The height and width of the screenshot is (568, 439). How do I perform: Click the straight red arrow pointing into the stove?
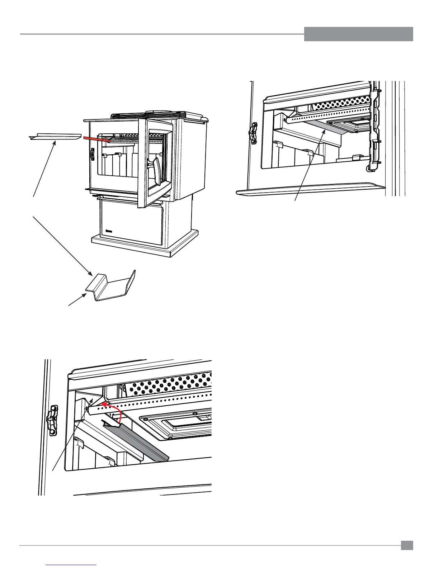pos(96,139)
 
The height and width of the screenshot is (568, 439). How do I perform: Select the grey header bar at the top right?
pos(358,34)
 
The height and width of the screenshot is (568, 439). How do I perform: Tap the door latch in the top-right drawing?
pos(254,133)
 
